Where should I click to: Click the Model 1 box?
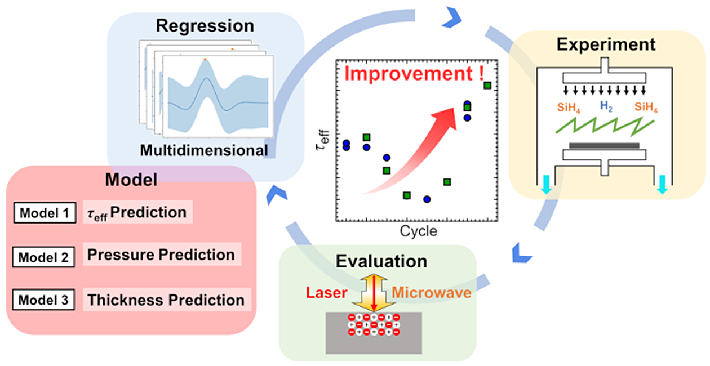pyautogui.click(x=45, y=213)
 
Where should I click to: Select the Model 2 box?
pyautogui.click(x=44, y=257)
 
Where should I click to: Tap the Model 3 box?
pyautogui.click(x=44, y=300)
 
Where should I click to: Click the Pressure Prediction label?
pyautogui.click(x=161, y=255)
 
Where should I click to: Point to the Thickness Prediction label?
pyautogui.click(x=166, y=300)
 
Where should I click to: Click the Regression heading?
pyautogui.click(x=205, y=26)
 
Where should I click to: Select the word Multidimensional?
pyautogui.click(x=204, y=150)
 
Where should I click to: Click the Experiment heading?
pyautogui.click(x=606, y=45)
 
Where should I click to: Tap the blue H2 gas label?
pyautogui.click(x=606, y=106)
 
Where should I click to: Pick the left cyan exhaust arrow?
pyautogui.click(x=547, y=184)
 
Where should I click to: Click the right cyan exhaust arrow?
pyautogui.click(x=663, y=184)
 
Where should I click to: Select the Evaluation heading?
pyautogui.click(x=381, y=261)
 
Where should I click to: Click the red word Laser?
pyautogui.click(x=326, y=293)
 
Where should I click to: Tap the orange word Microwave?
pyautogui.click(x=432, y=293)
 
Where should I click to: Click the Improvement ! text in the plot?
pyautogui.click(x=414, y=73)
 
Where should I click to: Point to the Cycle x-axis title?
pyautogui.click(x=418, y=231)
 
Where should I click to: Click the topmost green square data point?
pyautogui.click(x=487, y=86)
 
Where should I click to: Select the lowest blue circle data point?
pyautogui.click(x=427, y=199)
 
